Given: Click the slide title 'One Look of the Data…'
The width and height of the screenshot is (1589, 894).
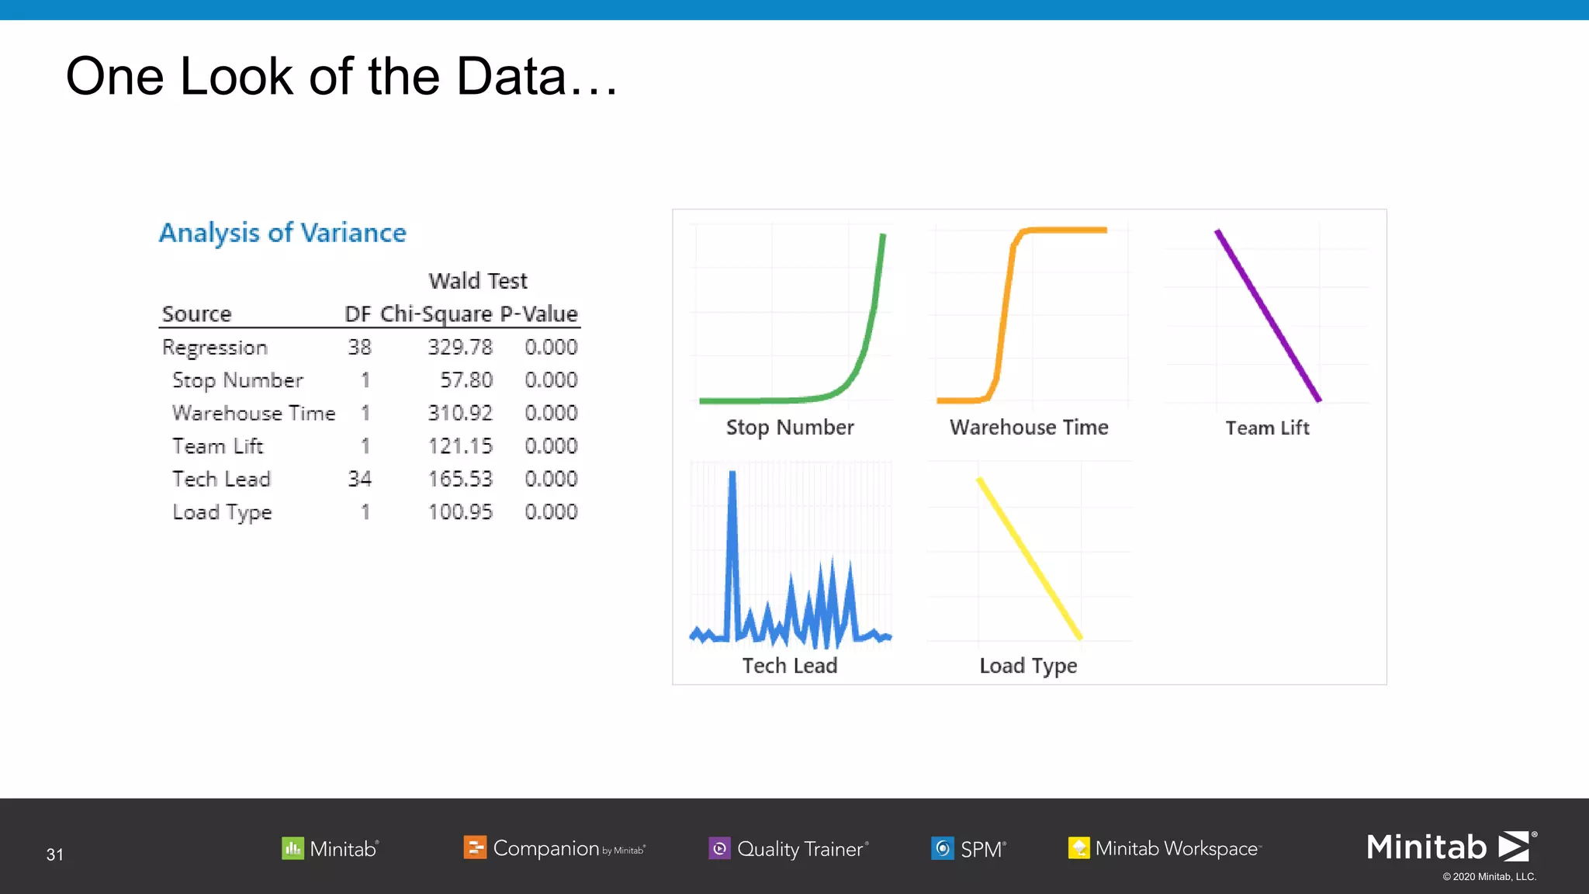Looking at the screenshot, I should coord(341,77).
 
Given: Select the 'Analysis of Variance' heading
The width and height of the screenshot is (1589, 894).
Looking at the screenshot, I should coord(282,233).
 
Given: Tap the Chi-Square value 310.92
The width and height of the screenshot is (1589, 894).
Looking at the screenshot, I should coord(460,413).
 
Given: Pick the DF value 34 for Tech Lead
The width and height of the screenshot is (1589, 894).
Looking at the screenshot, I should coord(359,479).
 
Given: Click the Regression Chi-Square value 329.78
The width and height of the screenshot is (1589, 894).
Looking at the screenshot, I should coord(460,347).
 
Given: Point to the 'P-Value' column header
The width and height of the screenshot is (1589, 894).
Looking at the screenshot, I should coord(538,314).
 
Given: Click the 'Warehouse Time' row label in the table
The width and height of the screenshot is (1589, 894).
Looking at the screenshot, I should coord(254,413).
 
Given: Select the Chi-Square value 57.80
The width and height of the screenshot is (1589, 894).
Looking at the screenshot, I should coord(466,380).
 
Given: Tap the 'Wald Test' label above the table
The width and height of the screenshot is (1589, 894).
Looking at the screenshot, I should coord(477,280).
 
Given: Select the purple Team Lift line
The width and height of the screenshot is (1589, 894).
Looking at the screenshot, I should coord(1268,315).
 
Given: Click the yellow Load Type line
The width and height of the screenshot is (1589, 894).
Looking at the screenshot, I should coord(1029,558).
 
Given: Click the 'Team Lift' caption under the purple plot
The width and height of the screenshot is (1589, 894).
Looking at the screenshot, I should coord(1267,428).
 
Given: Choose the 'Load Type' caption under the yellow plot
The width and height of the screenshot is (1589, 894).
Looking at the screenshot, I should coord(1028,666).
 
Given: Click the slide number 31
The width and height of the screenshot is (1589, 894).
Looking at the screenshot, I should coord(54,854).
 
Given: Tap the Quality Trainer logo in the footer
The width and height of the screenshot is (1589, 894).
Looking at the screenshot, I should coord(788,848).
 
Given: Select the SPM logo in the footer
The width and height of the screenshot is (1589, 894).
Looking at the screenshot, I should coord(968,848).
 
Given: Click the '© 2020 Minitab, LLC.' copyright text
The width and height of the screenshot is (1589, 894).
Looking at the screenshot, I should coord(1489,877).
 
